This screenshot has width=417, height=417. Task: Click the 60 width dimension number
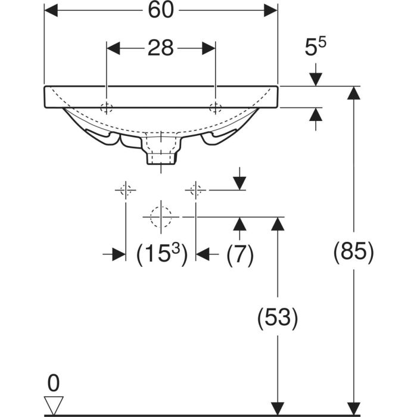pyautogui.click(x=161, y=10)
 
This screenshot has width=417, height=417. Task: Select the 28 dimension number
pyautogui.click(x=161, y=48)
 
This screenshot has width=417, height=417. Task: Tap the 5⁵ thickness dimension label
pyautogui.click(x=315, y=47)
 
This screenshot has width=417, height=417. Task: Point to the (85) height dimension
pyautogui.click(x=354, y=251)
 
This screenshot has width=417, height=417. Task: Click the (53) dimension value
pyautogui.click(x=278, y=318)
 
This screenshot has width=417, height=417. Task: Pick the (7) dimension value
pyautogui.click(x=240, y=254)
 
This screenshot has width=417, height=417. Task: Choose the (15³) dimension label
pyautogui.click(x=161, y=254)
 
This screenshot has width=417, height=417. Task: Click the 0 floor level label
pyautogui.click(x=54, y=383)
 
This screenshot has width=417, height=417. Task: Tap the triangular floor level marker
pyautogui.click(x=54, y=405)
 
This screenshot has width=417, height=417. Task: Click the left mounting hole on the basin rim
pyautogui.click(x=107, y=108)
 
